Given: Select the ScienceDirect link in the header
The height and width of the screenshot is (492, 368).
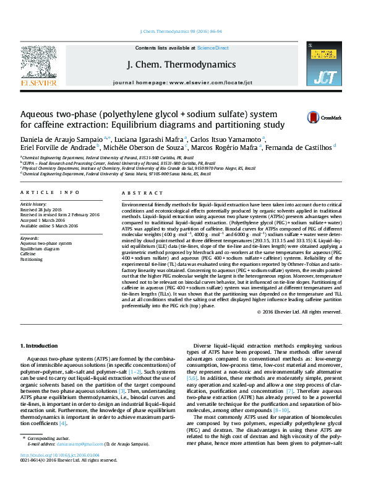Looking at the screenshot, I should [x=213, y=48].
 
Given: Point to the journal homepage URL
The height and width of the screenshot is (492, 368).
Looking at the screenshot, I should [x=204, y=82].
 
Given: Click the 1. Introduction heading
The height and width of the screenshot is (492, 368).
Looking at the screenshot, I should [x=40, y=345].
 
